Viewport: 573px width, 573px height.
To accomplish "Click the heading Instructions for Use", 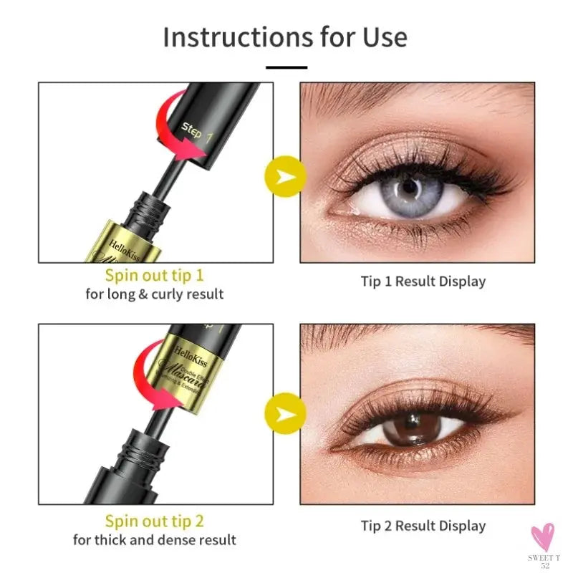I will [285, 37].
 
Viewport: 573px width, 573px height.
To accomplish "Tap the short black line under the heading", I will [286, 67].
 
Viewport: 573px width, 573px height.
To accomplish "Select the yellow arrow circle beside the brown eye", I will [285, 414].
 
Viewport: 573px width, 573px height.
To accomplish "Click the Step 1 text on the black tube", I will [196, 133].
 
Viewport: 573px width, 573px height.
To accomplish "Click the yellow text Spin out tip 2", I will [154, 521].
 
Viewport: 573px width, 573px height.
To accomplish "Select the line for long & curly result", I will [154, 294].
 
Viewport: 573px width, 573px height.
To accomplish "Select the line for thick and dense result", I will [154, 539].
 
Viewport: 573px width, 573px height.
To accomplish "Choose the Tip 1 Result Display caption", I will [423, 281].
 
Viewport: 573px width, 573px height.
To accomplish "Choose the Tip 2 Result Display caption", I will [423, 526].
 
